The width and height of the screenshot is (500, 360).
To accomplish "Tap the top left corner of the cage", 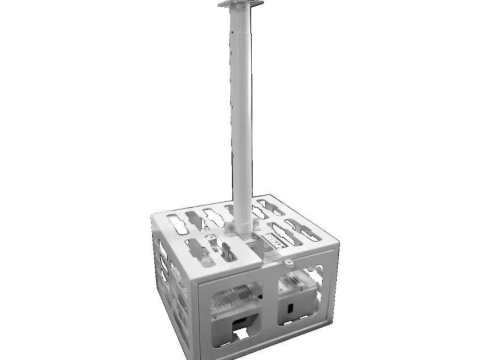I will [153, 216].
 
